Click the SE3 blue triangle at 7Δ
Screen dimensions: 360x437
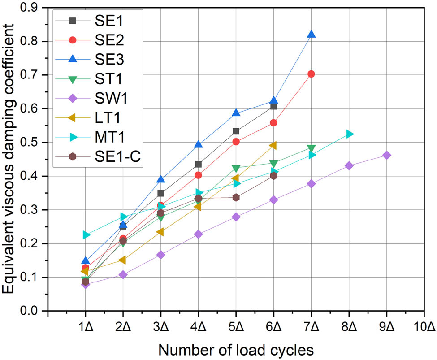pyautogui.click(x=311, y=35)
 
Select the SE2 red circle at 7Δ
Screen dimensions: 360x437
pyautogui.click(x=311, y=74)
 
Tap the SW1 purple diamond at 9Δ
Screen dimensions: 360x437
pyautogui.click(x=386, y=155)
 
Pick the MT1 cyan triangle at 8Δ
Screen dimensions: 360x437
pyautogui.click(x=349, y=134)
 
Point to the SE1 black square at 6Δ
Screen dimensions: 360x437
pyautogui.click(x=273, y=106)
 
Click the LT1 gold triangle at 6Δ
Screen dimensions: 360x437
pyautogui.click(x=273, y=146)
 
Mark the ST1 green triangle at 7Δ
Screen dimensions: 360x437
pyautogui.click(x=311, y=148)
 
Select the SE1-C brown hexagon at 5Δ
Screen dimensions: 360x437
pyautogui.click(x=236, y=197)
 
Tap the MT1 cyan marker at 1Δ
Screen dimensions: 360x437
pyautogui.click(x=86, y=235)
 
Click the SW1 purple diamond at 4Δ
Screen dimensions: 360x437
pyautogui.click(x=198, y=234)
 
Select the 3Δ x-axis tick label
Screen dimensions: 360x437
pyautogui.click(x=160, y=326)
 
